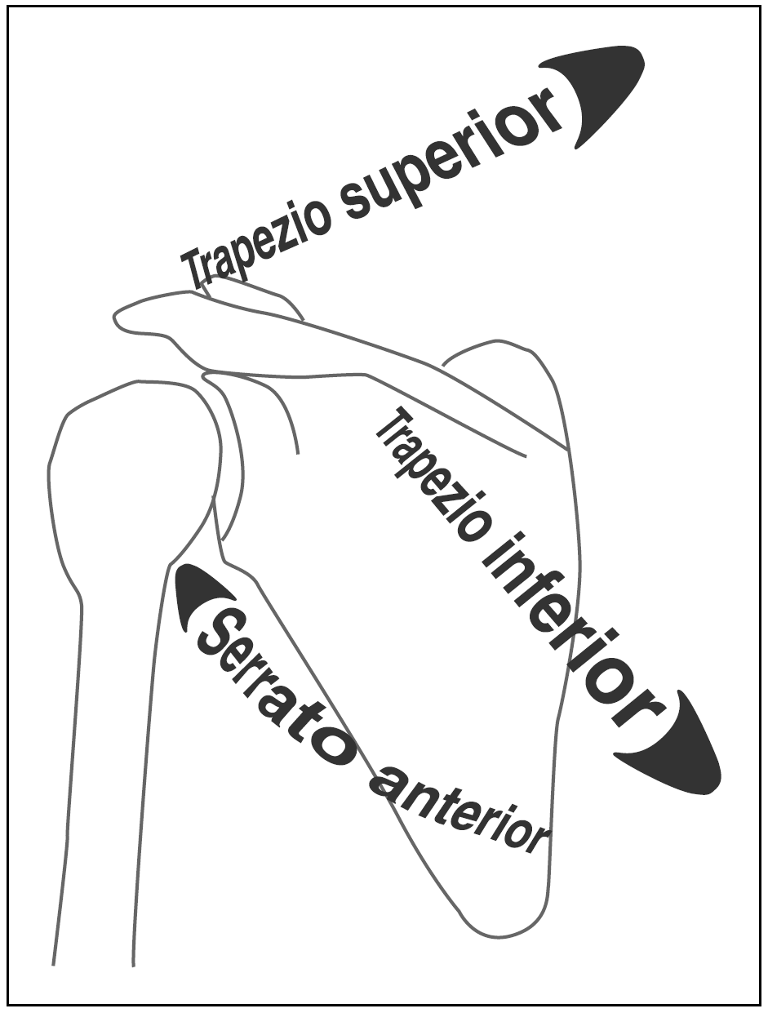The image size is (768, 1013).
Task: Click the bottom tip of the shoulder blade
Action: tap(498, 931)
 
